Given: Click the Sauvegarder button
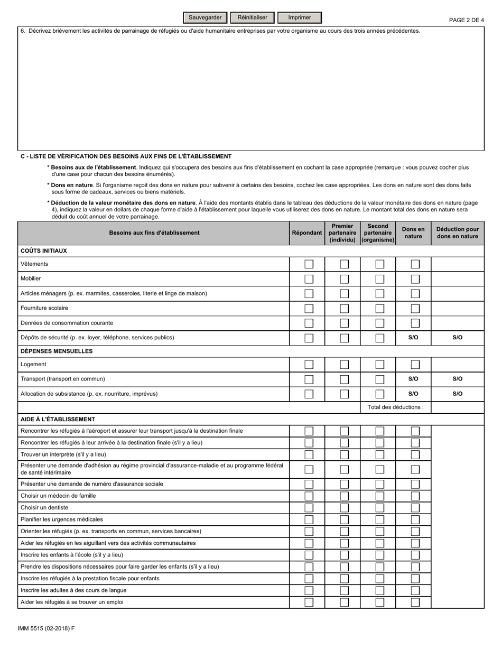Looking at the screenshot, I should click(x=205, y=17).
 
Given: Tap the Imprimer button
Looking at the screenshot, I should click(x=300, y=17).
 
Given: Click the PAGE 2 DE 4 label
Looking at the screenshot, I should click(x=466, y=20).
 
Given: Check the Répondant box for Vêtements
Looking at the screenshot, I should click(x=309, y=264).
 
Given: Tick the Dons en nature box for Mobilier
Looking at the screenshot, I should click(x=415, y=279).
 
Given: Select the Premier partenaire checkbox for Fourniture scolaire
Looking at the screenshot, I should click(x=344, y=309).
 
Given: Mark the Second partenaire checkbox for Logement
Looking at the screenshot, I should click(x=379, y=365).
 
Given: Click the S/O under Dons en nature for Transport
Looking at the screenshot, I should click(x=413, y=379).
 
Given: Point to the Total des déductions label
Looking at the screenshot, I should click(x=395, y=407).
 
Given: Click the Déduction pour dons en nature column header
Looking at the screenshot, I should click(x=458, y=233).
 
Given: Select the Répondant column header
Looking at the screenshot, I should click(x=307, y=233).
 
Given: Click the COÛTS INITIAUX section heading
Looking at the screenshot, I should click(x=43, y=251).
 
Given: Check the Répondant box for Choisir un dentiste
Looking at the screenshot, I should click(x=309, y=508).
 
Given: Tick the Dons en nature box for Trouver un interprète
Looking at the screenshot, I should click(x=415, y=454).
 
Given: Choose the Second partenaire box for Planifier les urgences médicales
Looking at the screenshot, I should click(x=379, y=519).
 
